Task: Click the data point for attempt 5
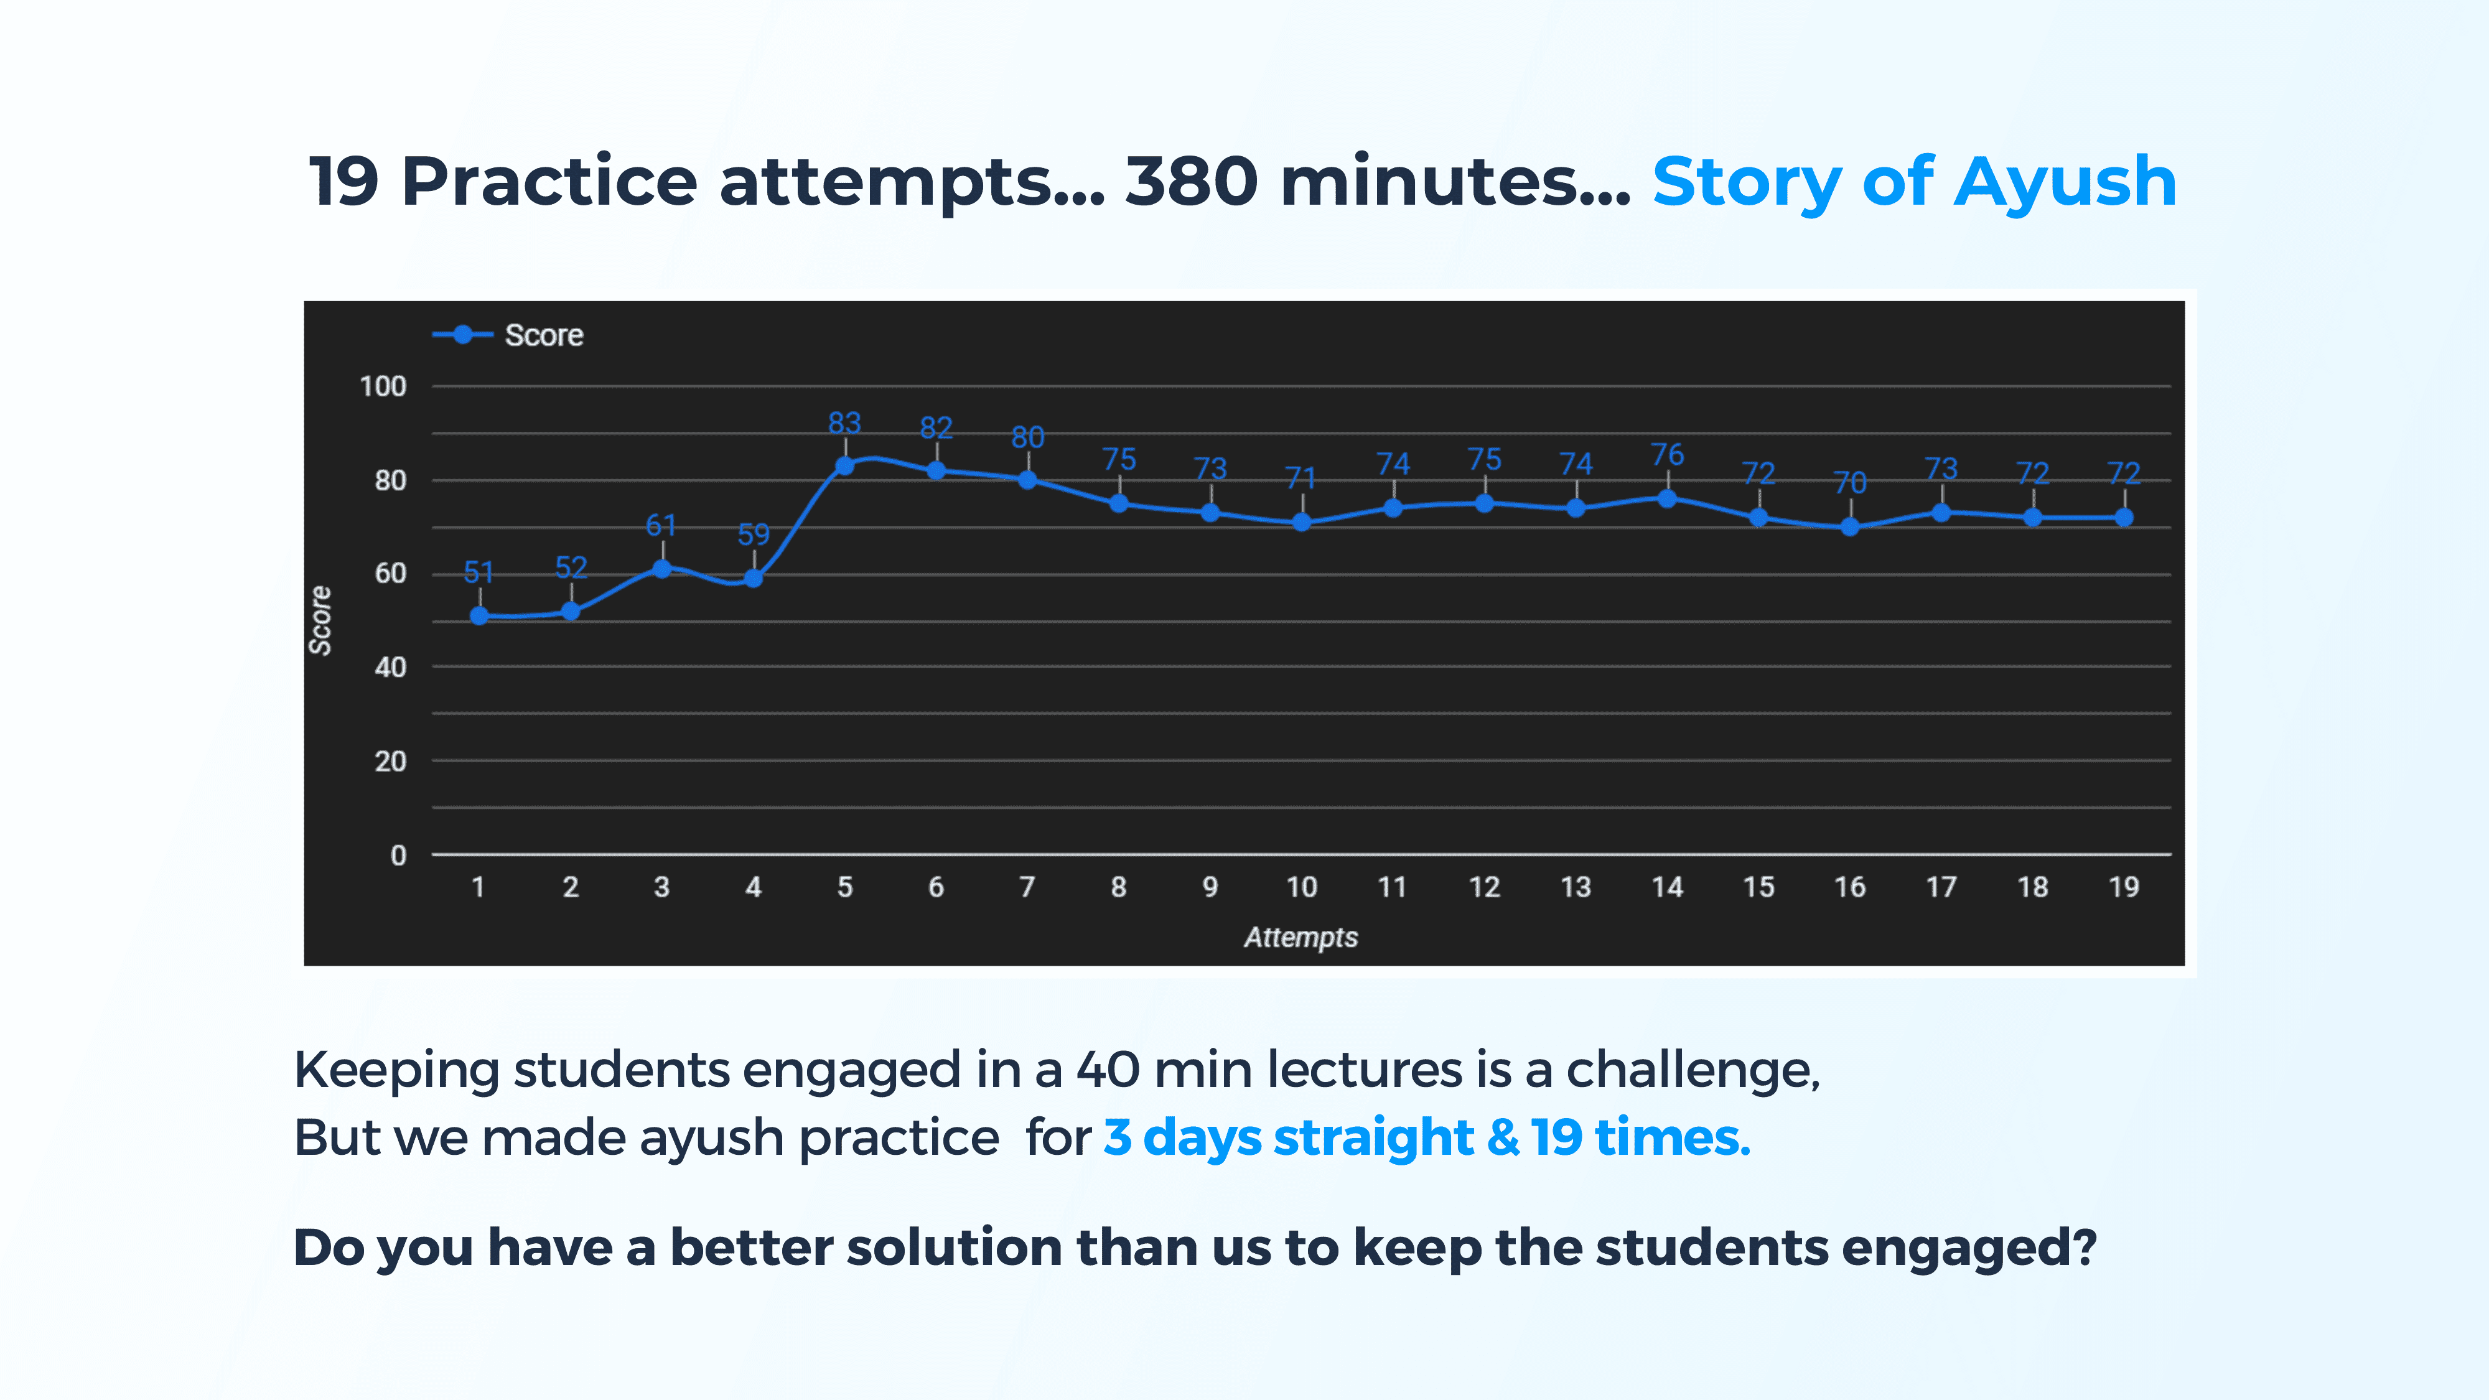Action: tap(844, 465)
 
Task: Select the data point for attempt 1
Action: tap(479, 615)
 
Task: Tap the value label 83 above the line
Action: tap(844, 423)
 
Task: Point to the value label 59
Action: tap(754, 534)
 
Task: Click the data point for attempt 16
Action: tap(1849, 526)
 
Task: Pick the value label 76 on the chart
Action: tap(1668, 455)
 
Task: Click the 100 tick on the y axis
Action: tap(383, 386)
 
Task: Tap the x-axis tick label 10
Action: tap(1302, 887)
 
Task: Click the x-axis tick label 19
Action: tap(2124, 887)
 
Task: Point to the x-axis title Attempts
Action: tap(1301, 937)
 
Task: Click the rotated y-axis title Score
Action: tap(320, 620)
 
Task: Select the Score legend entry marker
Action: tap(463, 334)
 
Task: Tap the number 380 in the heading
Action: tap(1192, 182)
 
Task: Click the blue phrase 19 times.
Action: tap(1641, 1137)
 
